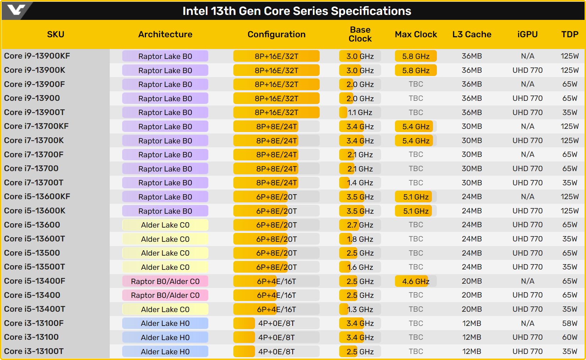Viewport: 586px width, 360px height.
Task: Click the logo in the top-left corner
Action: (x=16, y=10)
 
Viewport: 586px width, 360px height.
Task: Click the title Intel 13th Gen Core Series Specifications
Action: (x=297, y=11)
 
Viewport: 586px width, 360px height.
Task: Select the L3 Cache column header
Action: (x=472, y=34)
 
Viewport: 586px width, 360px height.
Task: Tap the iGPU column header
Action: (x=527, y=34)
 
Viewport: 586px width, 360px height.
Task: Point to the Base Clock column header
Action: (x=360, y=34)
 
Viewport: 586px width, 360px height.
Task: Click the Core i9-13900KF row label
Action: (x=37, y=56)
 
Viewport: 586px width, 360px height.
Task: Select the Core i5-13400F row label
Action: (x=34, y=281)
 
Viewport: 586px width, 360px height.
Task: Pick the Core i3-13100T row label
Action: (x=34, y=351)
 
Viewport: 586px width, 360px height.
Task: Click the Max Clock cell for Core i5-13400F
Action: (x=416, y=282)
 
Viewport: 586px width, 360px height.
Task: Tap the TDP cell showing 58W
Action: (x=570, y=323)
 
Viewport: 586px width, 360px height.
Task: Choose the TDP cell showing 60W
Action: (x=570, y=337)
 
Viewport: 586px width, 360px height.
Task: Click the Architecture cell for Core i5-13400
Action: (x=165, y=295)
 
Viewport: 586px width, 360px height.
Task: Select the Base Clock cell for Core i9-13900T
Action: (x=360, y=113)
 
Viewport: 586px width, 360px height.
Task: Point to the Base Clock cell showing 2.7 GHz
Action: (x=360, y=225)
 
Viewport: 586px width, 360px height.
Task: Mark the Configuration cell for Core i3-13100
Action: (x=276, y=338)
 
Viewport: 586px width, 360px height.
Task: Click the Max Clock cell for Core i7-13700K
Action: (x=416, y=141)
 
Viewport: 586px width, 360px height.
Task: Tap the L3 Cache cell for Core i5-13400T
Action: (x=472, y=309)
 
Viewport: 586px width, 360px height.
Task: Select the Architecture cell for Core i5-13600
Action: (x=165, y=225)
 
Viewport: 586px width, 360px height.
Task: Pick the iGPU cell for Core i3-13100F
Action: (x=527, y=323)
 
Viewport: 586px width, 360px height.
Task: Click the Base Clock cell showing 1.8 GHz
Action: (x=360, y=239)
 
